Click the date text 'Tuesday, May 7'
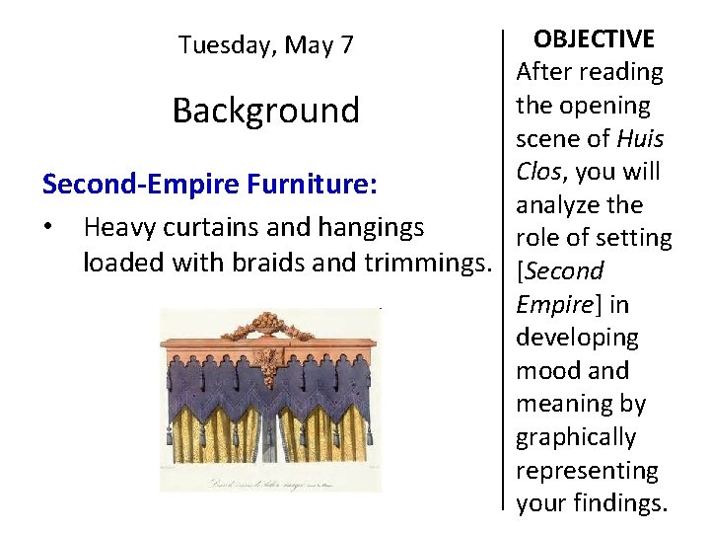265,45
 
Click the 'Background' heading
265,110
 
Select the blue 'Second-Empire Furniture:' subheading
210,184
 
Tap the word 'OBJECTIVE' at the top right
593,38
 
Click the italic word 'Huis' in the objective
640,139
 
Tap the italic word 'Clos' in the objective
538,172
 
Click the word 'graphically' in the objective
576,437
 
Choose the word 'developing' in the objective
577,338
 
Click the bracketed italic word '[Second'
559,271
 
